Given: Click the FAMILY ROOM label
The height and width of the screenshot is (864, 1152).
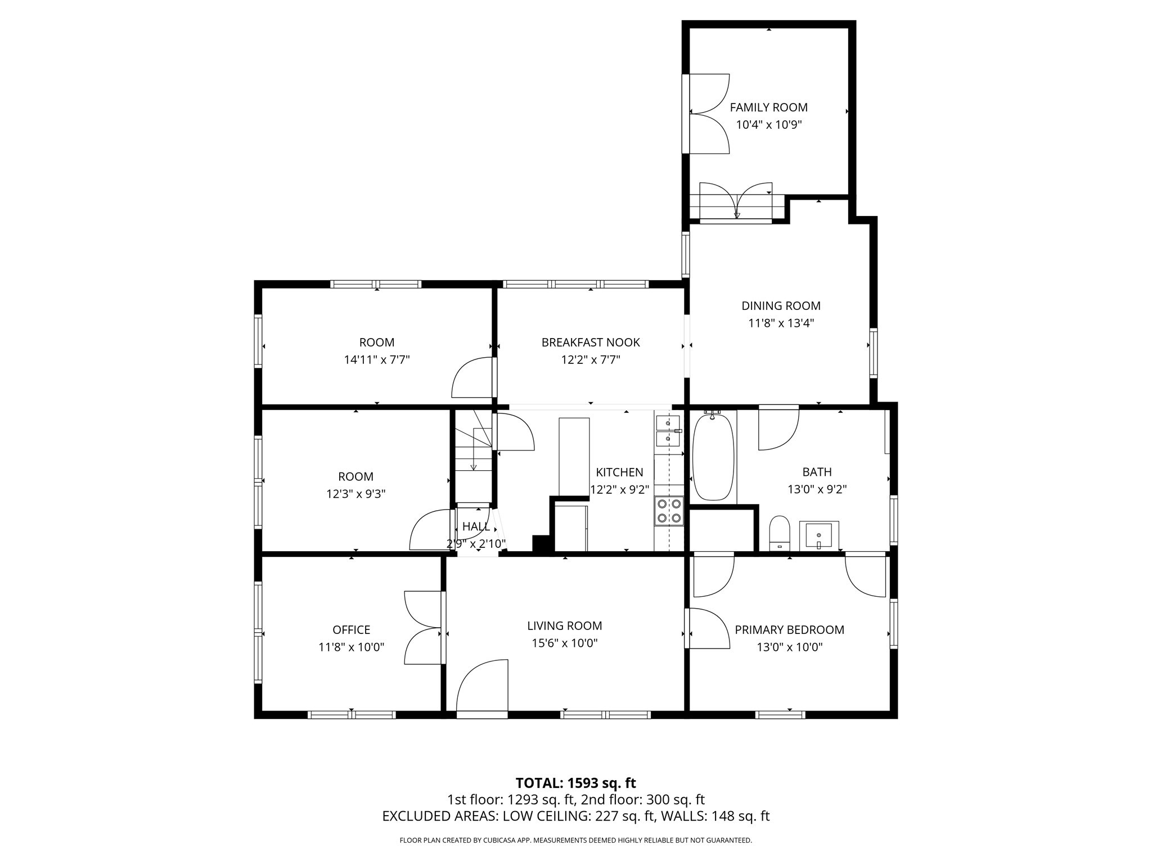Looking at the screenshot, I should (x=768, y=107).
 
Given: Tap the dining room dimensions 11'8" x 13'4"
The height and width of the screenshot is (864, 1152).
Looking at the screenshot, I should (x=781, y=323).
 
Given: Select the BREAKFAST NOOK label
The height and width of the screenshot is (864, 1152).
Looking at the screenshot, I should (x=591, y=343).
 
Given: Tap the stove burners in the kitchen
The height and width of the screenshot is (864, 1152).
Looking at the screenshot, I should (x=669, y=511).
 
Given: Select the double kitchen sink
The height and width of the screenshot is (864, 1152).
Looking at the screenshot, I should (x=668, y=430).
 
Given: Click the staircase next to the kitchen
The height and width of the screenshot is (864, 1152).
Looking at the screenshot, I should (x=474, y=456).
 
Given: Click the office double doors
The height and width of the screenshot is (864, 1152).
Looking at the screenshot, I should (x=423, y=628).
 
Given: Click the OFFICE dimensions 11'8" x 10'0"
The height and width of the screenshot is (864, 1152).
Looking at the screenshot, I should (x=351, y=647).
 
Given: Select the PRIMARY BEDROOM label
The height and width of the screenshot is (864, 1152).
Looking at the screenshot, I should (x=789, y=630).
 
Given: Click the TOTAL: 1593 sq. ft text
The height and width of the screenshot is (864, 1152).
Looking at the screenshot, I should (x=575, y=783).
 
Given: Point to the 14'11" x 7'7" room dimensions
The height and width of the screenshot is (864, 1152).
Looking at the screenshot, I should (x=376, y=360).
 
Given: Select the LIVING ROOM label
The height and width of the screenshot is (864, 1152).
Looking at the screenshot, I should (x=564, y=626).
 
